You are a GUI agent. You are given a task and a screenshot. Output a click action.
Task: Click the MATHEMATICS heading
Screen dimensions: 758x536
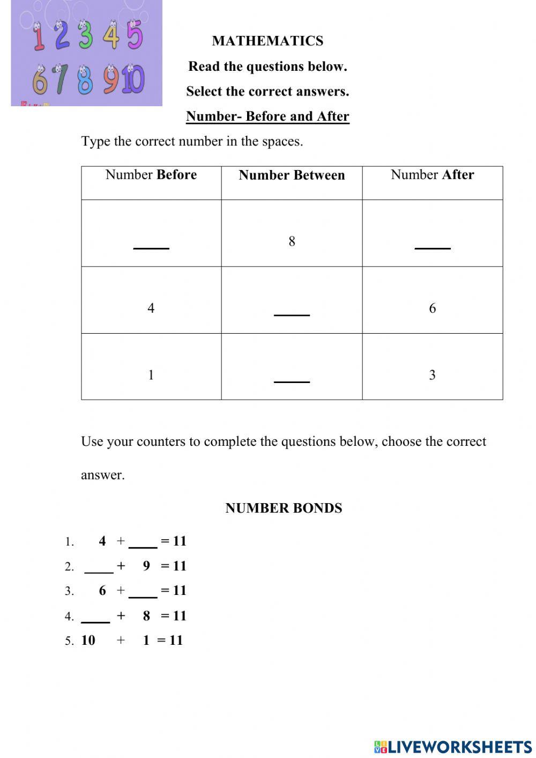pos(267,41)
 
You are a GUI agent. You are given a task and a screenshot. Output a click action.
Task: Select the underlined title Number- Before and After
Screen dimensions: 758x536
pos(267,116)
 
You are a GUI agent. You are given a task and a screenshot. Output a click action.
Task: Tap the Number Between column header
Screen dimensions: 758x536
pos(292,175)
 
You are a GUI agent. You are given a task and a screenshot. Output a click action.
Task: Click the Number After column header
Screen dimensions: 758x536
pos(432,175)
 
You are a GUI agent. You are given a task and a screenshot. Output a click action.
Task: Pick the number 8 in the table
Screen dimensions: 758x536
pos(292,241)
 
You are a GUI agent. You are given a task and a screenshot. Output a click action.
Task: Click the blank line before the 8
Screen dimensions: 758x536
pos(151,245)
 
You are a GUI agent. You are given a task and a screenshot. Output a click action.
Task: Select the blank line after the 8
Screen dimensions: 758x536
pos(433,245)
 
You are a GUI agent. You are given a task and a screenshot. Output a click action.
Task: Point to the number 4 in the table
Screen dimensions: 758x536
pos(151,308)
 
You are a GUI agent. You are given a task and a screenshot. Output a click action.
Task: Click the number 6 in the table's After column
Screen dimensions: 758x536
pos(432,308)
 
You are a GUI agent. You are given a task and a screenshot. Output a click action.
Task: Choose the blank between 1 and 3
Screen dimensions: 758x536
pos(292,379)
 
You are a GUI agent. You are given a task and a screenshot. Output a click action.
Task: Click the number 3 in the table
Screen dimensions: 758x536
pos(432,375)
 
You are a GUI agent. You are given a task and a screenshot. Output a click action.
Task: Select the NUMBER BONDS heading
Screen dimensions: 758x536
pos(284,508)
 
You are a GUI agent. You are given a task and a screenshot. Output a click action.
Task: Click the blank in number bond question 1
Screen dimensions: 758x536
pos(143,544)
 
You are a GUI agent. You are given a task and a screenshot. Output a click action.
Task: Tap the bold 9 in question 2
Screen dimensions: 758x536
pos(146,566)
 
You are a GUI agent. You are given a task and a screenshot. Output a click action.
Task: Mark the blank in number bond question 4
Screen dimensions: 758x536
pos(95,619)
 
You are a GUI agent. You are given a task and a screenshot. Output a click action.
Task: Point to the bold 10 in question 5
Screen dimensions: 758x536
pos(88,640)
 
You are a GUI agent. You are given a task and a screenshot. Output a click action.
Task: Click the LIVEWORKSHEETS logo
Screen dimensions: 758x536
pos(452,747)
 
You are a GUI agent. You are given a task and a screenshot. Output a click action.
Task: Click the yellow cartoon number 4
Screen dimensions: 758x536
pos(112,36)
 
